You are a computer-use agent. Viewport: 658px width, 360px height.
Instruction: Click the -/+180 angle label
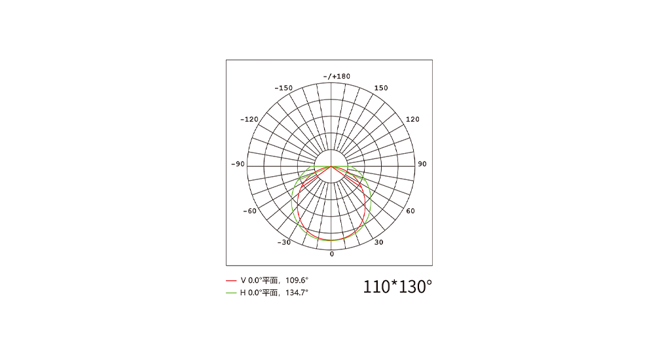337,77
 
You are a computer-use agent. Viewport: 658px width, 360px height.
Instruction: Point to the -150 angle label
283,88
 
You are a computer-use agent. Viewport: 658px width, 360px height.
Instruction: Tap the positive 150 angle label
381,88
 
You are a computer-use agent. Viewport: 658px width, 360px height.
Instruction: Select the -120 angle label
249,119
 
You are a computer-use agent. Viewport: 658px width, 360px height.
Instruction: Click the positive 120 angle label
412,119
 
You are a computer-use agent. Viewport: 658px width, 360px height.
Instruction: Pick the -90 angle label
238,164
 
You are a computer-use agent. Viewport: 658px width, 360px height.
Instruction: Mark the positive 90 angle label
422,164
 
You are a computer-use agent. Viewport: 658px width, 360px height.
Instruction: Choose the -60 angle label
249,211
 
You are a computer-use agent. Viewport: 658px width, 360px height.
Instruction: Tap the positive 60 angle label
411,211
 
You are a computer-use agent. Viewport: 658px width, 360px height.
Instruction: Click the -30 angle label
284,243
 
